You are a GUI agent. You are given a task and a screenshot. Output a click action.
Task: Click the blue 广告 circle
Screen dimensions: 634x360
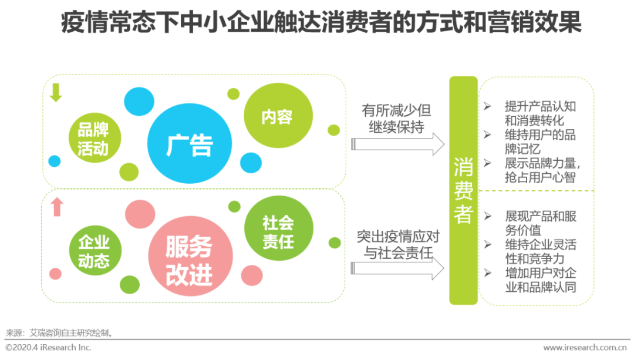pyautogui.click(x=188, y=144)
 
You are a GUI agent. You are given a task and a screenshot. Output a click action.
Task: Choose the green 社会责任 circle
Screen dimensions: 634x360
pyautogui.click(x=278, y=231)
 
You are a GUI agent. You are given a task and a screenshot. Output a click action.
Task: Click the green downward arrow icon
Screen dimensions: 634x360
pyautogui.click(x=56, y=93)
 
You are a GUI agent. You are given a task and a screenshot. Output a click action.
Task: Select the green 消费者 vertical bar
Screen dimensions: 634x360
pyautogui.click(x=463, y=190)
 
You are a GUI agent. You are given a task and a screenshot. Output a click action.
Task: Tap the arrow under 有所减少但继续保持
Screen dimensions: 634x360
pyautogui.click(x=397, y=144)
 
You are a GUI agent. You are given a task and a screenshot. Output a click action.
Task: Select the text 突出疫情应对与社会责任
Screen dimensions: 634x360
pyautogui.click(x=397, y=245)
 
